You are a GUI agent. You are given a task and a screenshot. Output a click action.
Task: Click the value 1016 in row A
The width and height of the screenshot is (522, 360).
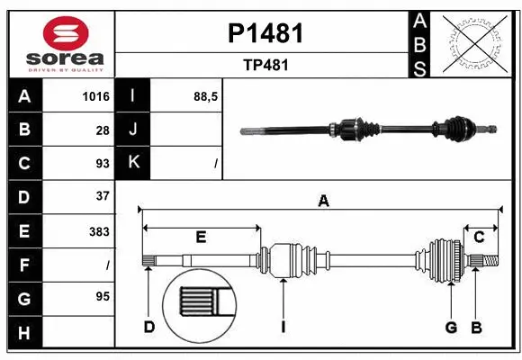click(x=96, y=97)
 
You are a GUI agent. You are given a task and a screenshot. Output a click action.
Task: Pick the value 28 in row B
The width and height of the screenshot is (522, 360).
click(x=102, y=130)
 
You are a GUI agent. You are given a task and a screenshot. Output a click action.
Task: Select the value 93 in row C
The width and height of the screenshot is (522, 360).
click(x=102, y=164)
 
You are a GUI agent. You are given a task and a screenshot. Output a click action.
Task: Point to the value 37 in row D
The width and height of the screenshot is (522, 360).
click(x=102, y=196)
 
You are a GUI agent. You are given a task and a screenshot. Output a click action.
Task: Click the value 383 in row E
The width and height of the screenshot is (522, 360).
click(x=99, y=231)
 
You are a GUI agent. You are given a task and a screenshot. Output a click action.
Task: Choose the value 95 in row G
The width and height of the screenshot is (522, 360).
click(x=102, y=296)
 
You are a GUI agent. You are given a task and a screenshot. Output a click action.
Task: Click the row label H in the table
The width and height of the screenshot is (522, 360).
click(x=24, y=334)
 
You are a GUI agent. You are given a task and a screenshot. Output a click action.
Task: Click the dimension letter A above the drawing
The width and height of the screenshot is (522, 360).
click(x=323, y=202)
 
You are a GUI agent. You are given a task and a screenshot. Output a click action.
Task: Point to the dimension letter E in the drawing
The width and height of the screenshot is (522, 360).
click(x=201, y=238)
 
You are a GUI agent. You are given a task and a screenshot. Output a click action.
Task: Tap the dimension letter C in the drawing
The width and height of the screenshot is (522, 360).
click(x=480, y=238)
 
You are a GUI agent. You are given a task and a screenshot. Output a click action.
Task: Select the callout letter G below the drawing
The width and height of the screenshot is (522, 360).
click(x=451, y=327)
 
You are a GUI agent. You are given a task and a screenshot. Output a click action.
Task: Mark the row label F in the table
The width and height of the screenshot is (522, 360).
click(x=24, y=265)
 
